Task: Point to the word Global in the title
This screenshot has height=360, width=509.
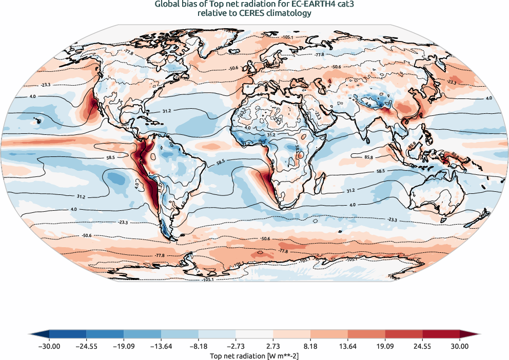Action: tap(167, 5)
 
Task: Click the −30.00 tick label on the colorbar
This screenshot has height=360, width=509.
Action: tap(49, 347)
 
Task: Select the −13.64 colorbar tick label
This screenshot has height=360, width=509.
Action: tap(161, 347)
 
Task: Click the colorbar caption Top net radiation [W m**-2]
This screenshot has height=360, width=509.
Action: tap(254, 355)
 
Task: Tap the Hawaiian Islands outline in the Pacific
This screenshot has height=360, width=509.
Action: tap(37, 121)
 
